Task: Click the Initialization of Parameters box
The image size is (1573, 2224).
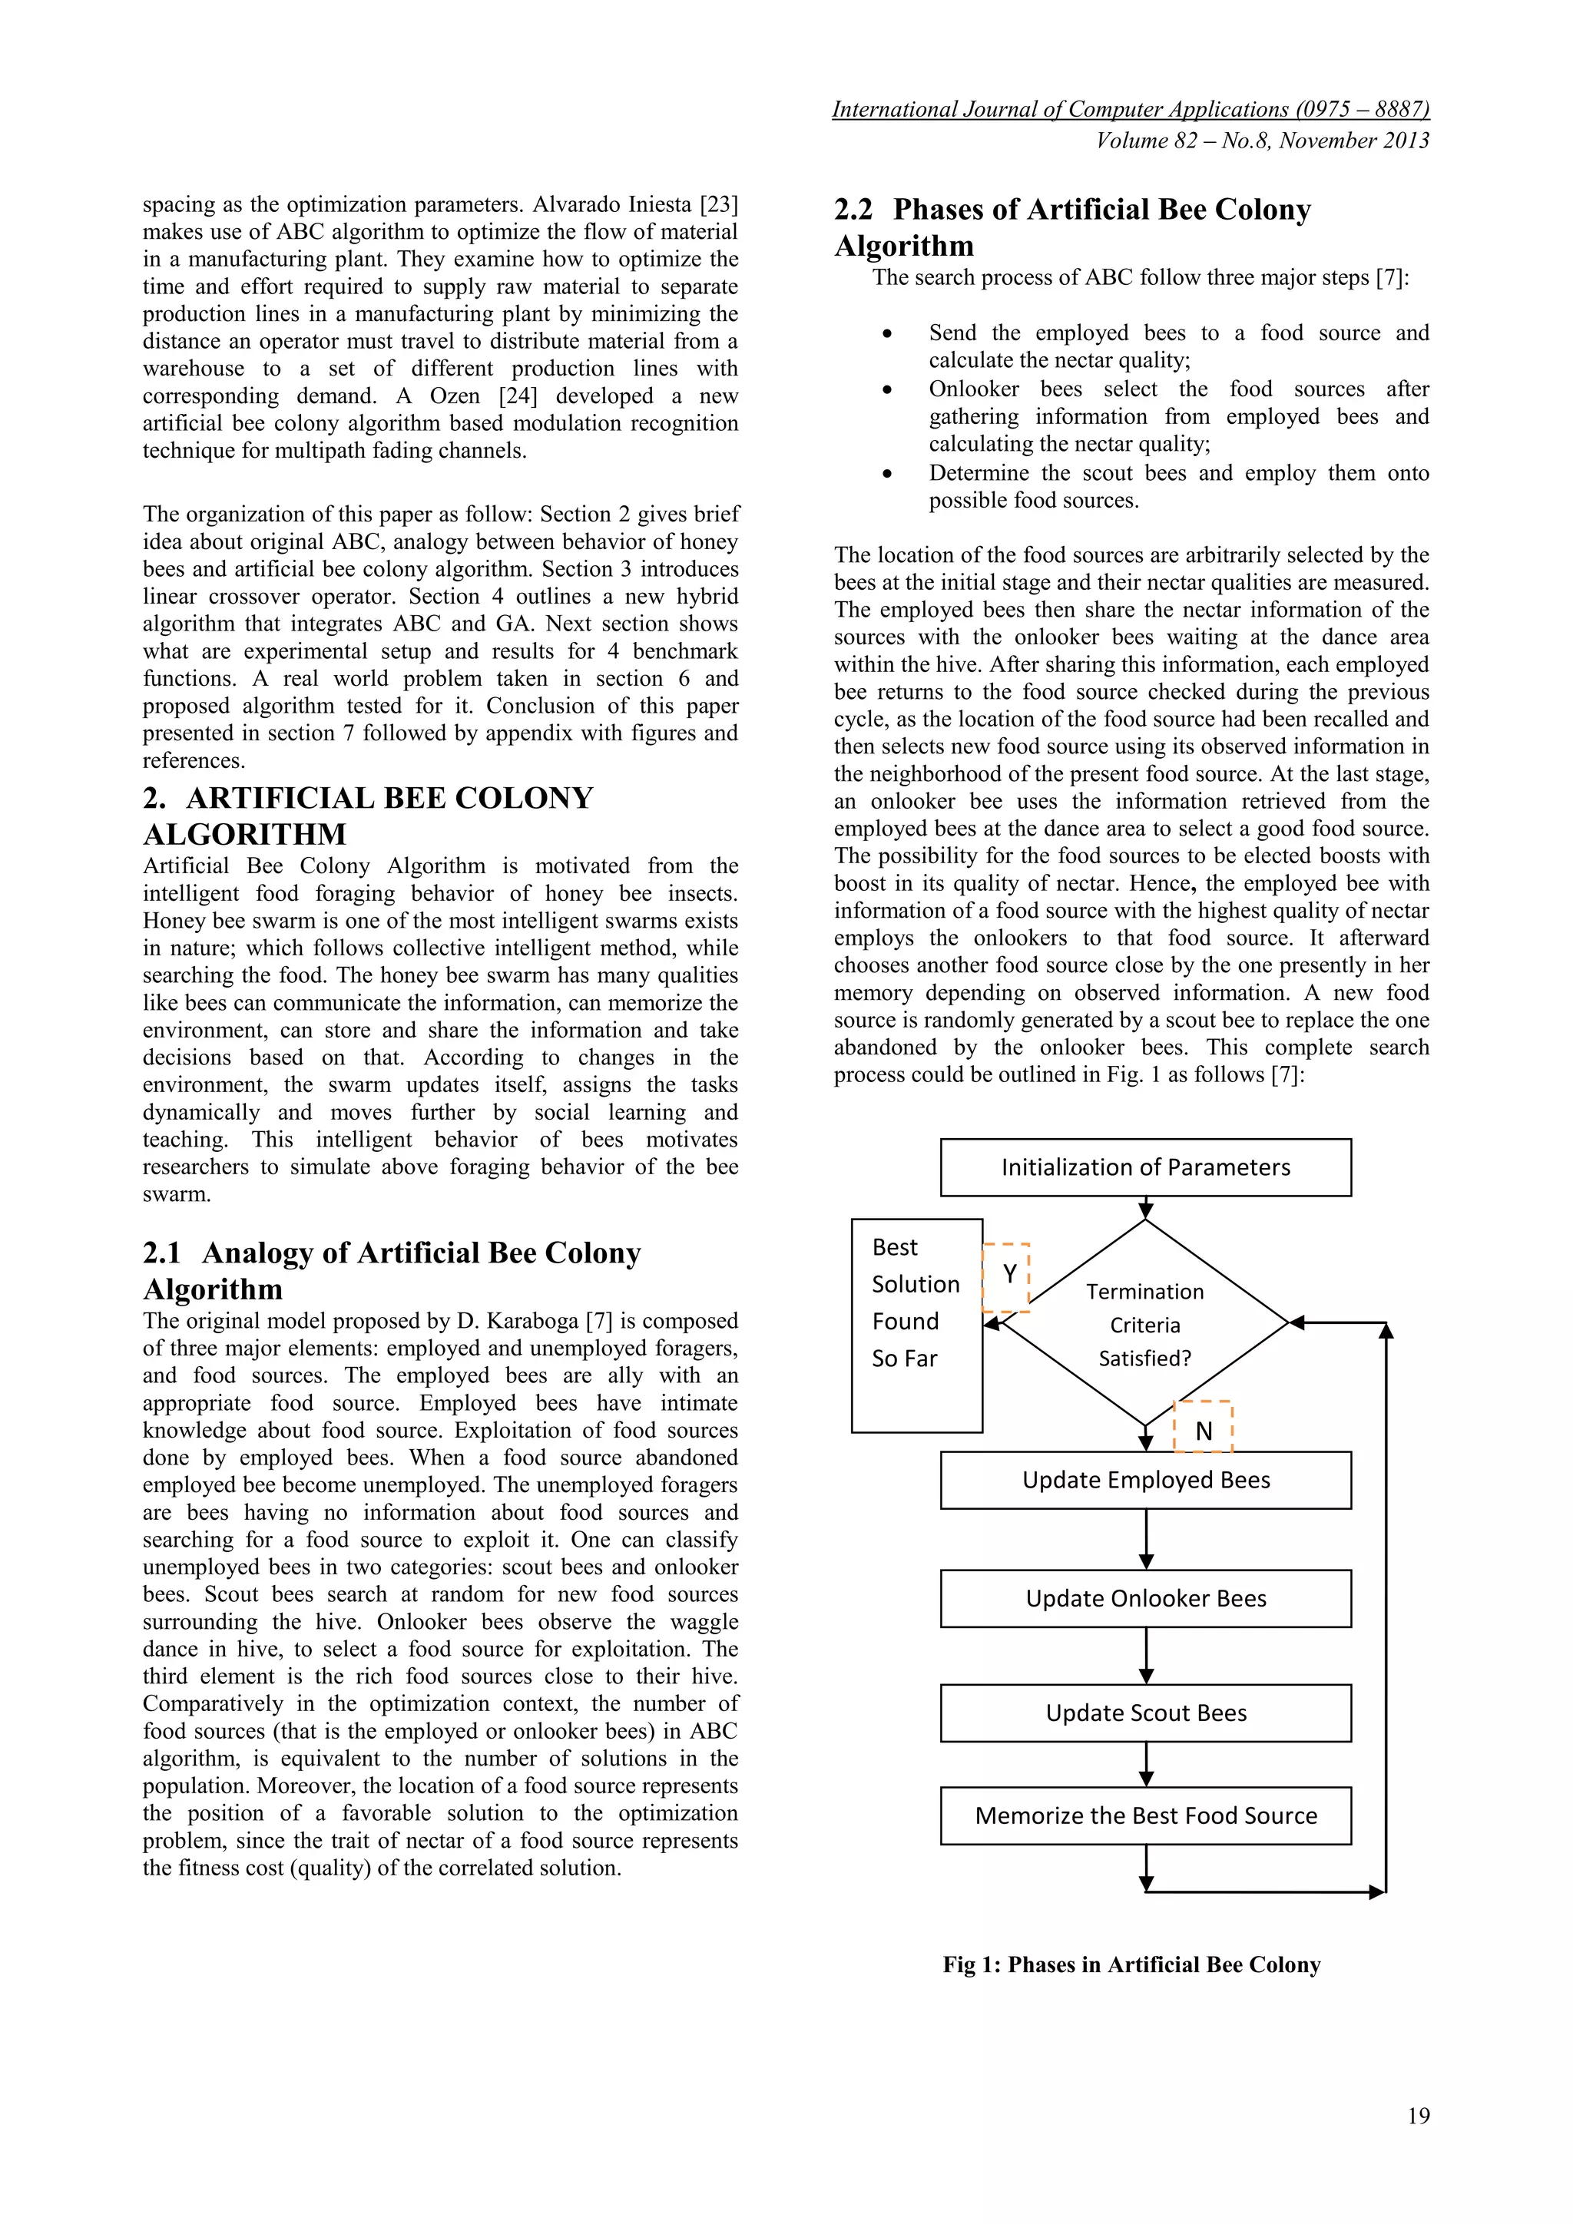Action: tap(1145, 1167)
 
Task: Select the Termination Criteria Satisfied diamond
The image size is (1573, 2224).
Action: tap(1145, 1323)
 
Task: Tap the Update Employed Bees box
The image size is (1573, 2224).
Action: tap(1145, 1479)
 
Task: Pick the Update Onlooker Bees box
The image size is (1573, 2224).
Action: tap(1145, 1598)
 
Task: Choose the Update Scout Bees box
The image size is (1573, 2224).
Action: tap(1145, 1713)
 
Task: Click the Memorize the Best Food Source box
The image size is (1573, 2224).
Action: tap(1145, 1815)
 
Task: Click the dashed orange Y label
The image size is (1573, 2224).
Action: tap(1008, 1276)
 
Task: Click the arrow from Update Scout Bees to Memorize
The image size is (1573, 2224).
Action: tap(1146, 1764)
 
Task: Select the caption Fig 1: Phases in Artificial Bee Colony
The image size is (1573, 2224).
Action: tap(1131, 1964)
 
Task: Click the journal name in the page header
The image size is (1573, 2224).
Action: tap(1131, 110)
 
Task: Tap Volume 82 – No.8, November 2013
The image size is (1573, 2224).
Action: tap(1262, 141)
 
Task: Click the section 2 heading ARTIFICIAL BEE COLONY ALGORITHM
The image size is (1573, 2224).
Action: tap(368, 815)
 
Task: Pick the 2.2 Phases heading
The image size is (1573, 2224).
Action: tap(1072, 227)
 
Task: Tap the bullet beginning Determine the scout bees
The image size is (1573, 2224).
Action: tap(1177, 486)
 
